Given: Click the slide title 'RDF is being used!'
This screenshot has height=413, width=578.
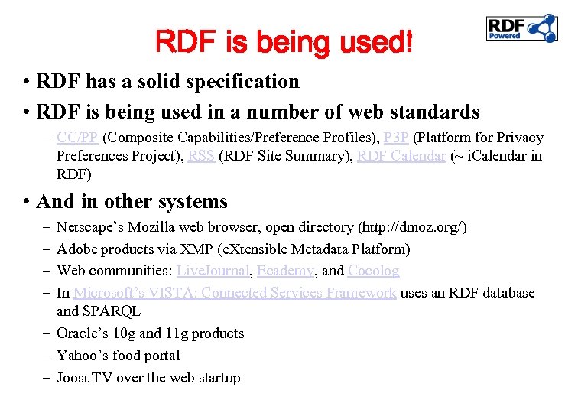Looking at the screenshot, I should pyautogui.click(x=284, y=41).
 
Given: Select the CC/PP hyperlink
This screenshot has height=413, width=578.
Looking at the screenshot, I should pyautogui.click(x=77, y=138).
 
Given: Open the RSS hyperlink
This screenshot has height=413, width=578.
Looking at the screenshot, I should pyautogui.click(x=201, y=156).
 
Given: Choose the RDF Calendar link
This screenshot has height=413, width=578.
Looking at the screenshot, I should pyautogui.click(x=401, y=156).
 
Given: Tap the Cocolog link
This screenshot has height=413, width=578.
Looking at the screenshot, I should pyautogui.click(x=373, y=271).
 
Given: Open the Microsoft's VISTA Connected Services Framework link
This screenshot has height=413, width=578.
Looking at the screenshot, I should pyautogui.click(x=235, y=293).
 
